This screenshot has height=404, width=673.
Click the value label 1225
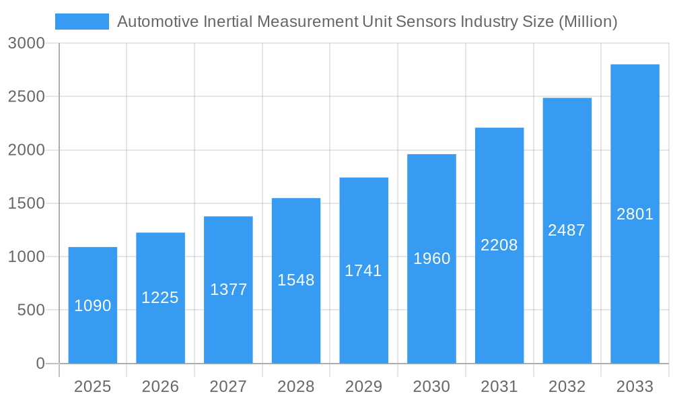(x=160, y=298)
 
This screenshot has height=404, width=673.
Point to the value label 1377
(x=229, y=290)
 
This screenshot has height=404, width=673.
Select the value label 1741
(x=363, y=271)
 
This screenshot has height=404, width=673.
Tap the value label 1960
(x=431, y=259)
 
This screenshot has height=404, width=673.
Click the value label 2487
(x=567, y=230)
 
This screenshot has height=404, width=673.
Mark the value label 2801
(x=635, y=214)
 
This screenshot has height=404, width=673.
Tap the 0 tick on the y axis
(x=40, y=364)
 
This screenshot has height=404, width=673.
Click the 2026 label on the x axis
(x=160, y=386)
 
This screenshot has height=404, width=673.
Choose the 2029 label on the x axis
(x=363, y=386)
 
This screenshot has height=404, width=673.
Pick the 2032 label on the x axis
(x=567, y=386)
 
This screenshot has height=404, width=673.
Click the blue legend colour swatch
(x=81, y=22)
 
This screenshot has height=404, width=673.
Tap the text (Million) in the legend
(x=588, y=22)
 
